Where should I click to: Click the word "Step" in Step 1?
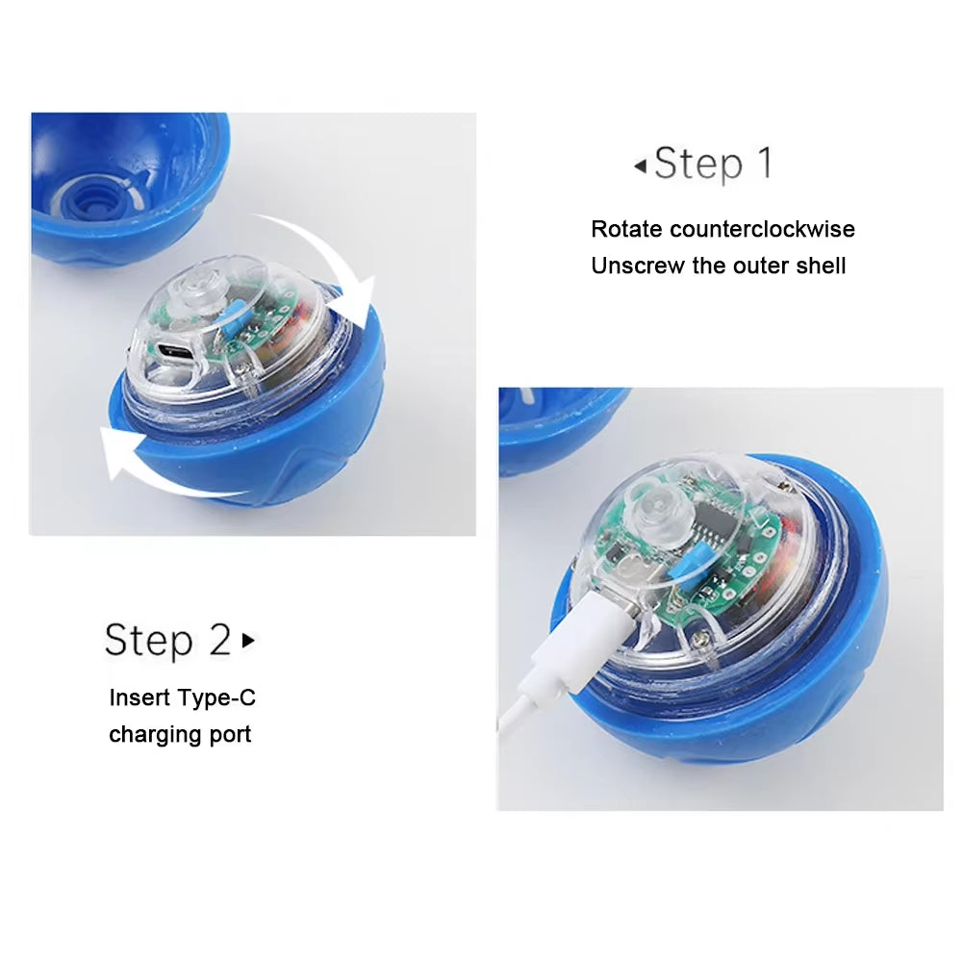[x=698, y=165]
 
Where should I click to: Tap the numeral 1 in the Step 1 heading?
[x=764, y=164]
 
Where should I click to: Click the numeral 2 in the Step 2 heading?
[x=220, y=640]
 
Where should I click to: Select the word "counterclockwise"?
[x=762, y=229]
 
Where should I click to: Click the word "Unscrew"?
[x=638, y=266]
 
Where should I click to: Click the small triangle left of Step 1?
[x=640, y=166]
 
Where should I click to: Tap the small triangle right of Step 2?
[x=249, y=639]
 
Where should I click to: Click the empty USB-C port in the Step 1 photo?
[x=175, y=352]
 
